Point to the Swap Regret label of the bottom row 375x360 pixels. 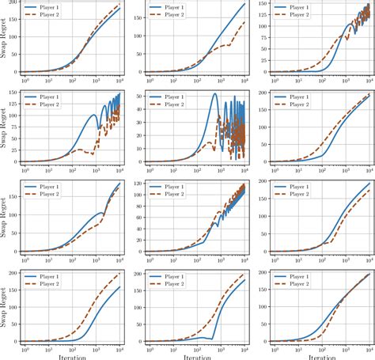[5, 309]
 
